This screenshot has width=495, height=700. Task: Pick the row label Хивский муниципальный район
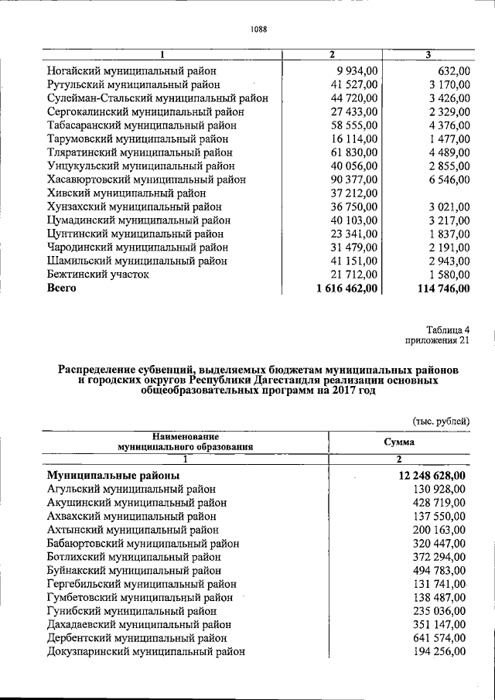[x=127, y=193]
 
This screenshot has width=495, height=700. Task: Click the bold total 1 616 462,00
[x=346, y=289]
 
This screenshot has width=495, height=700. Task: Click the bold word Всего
[x=63, y=289]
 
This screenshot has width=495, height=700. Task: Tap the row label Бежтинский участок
[x=98, y=275]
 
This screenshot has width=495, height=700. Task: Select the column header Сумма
[x=398, y=442]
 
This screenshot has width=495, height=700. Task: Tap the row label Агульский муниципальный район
[x=131, y=489]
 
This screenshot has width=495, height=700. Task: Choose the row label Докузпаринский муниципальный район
[x=146, y=652]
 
